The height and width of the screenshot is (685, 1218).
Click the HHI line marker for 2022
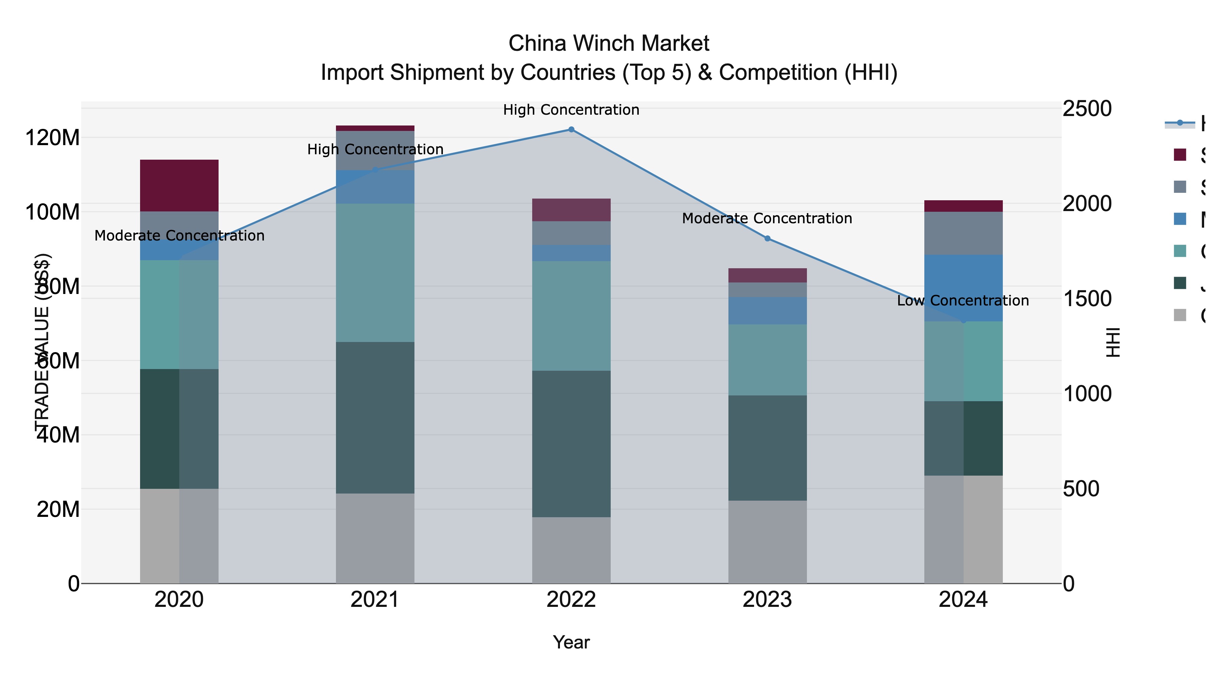tap(571, 130)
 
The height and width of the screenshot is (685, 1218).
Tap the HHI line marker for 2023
tap(767, 239)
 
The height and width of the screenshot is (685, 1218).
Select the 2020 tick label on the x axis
tap(179, 600)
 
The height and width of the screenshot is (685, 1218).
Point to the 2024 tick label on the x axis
tap(963, 600)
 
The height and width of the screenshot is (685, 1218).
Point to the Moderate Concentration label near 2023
tap(767, 219)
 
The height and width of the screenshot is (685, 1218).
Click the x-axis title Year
tap(571, 642)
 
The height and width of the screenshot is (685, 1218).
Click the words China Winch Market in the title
tap(609, 44)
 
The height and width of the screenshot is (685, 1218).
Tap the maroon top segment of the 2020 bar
tap(179, 185)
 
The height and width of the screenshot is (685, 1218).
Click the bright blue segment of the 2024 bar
tap(963, 288)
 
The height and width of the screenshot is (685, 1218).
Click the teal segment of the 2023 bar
tap(767, 360)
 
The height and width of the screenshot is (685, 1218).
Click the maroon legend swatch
tap(1181, 155)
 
